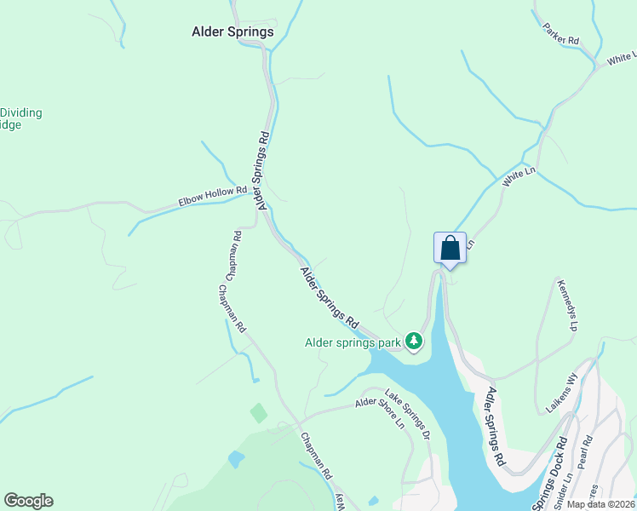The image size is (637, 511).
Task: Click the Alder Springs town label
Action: click(x=232, y=32)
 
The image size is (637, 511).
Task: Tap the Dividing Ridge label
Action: click(x=21, y=118)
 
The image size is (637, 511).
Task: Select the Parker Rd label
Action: click(x=561, y=34)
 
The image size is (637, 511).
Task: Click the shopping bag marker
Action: click(x=450, y=249)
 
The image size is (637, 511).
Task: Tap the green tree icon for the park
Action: click(x=414, y=342)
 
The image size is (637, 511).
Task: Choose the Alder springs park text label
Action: click(x=353, y=343)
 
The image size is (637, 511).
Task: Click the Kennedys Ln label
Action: click(x=568, y=303)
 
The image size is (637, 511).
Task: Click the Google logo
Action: click(x=28, y=501)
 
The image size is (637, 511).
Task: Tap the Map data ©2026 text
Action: click(x=601, y=504)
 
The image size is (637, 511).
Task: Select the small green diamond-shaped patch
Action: click(x=259, y=413)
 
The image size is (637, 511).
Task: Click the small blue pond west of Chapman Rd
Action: click(x=236, y=459)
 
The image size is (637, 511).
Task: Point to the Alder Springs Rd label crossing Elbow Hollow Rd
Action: click(x=262, y=169)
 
